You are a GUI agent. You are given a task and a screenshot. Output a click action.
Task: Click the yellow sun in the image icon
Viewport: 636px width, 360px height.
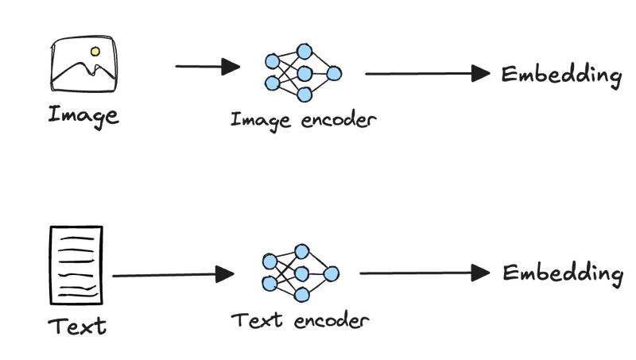pos(95,52)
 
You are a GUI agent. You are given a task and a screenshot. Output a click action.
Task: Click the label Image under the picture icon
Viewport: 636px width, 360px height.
pos(83,115)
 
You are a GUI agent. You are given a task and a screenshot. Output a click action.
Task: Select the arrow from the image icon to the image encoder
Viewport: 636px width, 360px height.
pos(207,67)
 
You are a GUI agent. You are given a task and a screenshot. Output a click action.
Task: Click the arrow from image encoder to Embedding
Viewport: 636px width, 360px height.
pos(428,74)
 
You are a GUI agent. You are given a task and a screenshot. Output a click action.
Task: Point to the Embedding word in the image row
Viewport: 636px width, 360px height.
pos(561,75)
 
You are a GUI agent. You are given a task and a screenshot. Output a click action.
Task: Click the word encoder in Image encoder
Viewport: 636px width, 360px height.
pos(339,119)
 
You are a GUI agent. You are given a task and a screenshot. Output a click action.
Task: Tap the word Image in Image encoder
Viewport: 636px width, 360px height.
pos(261,121)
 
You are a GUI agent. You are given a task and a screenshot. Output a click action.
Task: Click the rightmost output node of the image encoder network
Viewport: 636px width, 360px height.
pos(334,74)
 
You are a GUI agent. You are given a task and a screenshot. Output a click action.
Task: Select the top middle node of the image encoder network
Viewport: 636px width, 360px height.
pos(304,52)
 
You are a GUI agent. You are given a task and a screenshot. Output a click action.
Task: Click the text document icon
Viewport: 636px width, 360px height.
pos(76,265)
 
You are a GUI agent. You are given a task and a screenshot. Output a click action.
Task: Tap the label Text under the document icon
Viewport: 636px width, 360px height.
pos(77,326)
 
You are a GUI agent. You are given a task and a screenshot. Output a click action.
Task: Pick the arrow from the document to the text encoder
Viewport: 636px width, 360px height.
pos(173,275)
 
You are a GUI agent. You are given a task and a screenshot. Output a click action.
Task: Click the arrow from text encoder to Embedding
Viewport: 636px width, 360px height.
pos(425,273)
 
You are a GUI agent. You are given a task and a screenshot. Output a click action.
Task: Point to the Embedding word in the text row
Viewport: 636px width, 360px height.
pos(563,274)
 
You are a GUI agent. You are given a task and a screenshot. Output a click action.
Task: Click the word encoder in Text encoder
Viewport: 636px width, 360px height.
pos(332,321)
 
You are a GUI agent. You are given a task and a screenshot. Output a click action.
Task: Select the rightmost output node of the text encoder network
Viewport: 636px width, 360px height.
pos(332,273)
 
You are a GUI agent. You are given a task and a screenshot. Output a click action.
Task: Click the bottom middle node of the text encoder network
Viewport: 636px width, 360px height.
pos(301,295)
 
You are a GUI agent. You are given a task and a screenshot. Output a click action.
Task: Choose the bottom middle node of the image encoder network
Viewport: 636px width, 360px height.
pos(304,95)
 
